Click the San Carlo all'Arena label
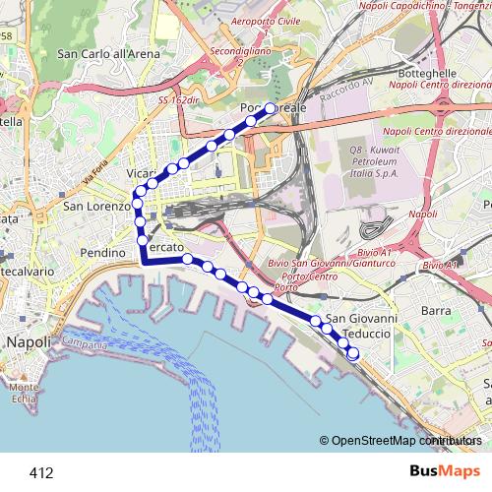point(108,54)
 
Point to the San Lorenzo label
point(96,207)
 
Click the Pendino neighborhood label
point(105,253)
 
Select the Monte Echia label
point(25,393)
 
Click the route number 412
point(41,473)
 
